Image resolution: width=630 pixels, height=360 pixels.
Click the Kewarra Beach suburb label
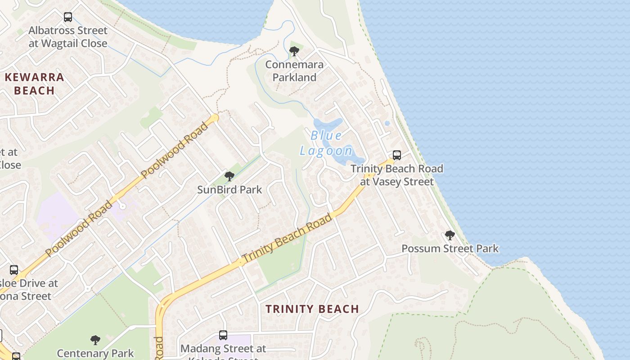coord(34,84)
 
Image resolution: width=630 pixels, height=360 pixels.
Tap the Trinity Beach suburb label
coord(312,309)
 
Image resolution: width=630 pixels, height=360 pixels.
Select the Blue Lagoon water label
coord(327,143)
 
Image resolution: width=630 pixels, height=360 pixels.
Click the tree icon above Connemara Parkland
coord(294,52)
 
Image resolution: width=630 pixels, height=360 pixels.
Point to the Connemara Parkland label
coord(294,71)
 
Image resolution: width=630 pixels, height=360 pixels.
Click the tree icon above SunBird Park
coord(229,176)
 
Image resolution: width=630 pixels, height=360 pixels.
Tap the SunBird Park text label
coord(229,189)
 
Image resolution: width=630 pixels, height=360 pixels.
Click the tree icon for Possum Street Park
coord(450,235)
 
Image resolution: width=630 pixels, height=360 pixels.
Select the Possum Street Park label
coord(450,248)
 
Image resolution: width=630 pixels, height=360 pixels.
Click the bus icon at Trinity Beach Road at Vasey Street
coord(397,155)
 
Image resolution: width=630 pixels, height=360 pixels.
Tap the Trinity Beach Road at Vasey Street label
coord(397,175)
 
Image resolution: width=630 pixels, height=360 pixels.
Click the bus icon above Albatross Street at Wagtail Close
coord(68,17)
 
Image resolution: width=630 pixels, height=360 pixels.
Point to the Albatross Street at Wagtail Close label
coord(68,37)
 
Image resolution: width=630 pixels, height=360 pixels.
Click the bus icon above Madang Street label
coord(223,335)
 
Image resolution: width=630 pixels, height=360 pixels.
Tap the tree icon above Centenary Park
coord(95,340)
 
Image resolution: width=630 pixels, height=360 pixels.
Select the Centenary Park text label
coord(95,353)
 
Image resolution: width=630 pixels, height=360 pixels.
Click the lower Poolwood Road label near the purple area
coord(79,229)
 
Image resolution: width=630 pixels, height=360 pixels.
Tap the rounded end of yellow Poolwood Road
coord(214,118)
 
